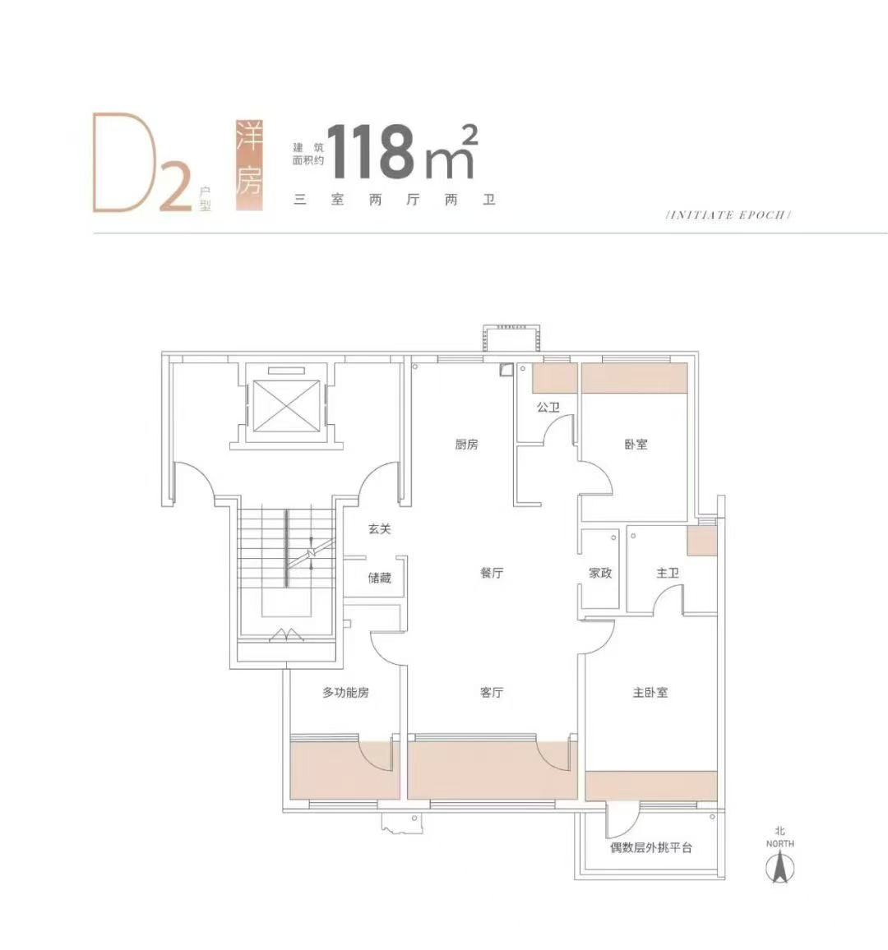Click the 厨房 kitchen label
466,444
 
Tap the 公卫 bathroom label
548,407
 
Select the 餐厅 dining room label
492,573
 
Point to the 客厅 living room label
492,692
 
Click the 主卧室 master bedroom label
650,692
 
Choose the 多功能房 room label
345,692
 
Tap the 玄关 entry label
379,529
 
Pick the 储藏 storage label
379,578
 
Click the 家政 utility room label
600,573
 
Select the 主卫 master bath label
668,573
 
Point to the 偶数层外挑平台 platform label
651,847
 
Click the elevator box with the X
286,406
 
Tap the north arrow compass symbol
779,866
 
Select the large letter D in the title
125,163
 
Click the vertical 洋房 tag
250,165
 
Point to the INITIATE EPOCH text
728,214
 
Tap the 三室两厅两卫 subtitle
395,200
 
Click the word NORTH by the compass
779,843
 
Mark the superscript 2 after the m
469,135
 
